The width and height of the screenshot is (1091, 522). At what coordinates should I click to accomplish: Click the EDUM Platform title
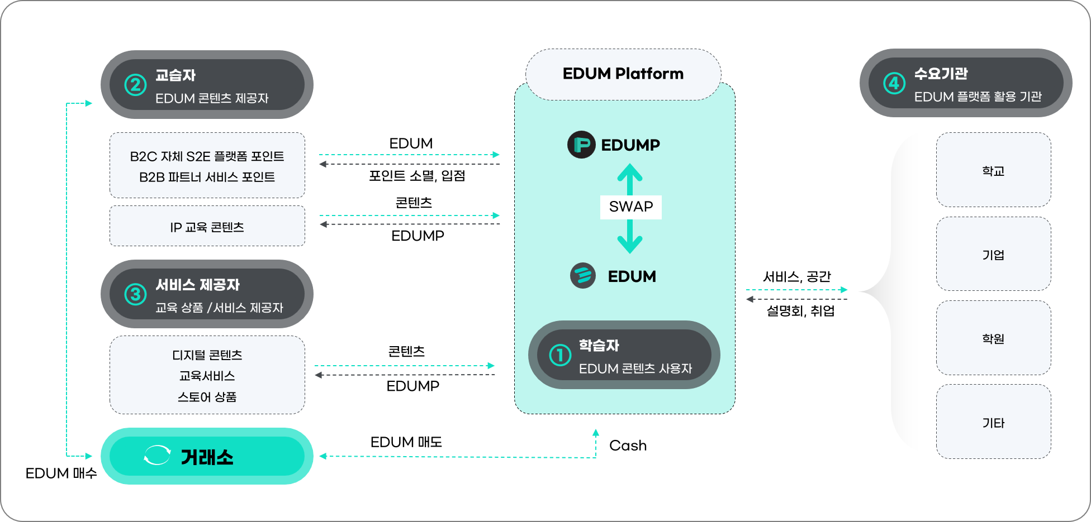coord(623,74)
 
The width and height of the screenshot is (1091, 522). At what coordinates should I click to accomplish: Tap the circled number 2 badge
coord(135,85)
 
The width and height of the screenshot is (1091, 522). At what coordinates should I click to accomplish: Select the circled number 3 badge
coord(135,294)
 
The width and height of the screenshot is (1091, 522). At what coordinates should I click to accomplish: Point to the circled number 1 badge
coord(559,355)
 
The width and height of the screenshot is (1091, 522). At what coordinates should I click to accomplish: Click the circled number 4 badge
coord(894,83)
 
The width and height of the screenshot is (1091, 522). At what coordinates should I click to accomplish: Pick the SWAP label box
coord(630,207)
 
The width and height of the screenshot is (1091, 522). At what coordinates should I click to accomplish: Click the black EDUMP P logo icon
coord(581,145)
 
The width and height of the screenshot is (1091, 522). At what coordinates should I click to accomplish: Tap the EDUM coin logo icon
coord(583,276)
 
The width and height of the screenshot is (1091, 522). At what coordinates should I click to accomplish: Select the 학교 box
coord(993,170)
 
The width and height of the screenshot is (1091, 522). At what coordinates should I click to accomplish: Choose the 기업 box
coord(993,255)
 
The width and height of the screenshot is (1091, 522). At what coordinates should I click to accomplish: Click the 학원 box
coord(993,338)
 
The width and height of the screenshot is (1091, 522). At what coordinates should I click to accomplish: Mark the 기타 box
coord(993,423)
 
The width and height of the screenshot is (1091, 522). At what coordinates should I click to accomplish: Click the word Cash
coord(628,446)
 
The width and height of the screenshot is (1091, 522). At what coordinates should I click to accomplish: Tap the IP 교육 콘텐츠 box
coord(207,227)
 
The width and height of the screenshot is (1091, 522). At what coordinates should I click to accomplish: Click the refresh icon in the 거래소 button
coord(157,456)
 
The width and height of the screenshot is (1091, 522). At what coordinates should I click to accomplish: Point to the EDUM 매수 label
coord(61,473)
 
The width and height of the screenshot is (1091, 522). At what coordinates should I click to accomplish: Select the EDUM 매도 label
coord(406,442)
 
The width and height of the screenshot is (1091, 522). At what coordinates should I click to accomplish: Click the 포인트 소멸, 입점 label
coord(417,176)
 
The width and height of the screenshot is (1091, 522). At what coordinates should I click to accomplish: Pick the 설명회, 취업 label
coord(800,311)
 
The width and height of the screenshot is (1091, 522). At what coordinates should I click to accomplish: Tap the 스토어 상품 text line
coord(207,397)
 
